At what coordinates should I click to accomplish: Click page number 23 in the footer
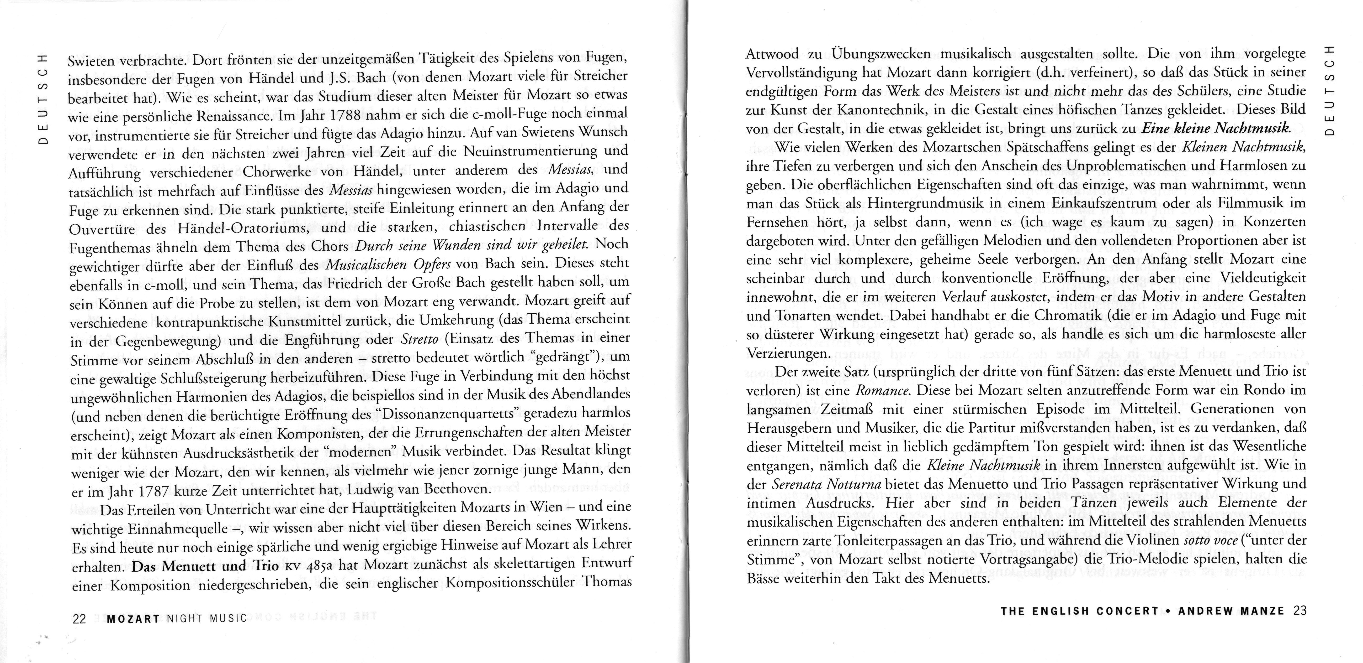click(x=1300, y=611)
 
